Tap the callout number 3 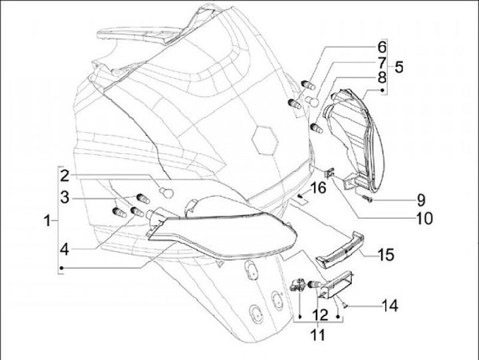click(64, 198)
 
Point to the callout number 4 click(64, 250)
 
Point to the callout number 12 click(319, 313)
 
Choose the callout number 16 click(318, 188)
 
